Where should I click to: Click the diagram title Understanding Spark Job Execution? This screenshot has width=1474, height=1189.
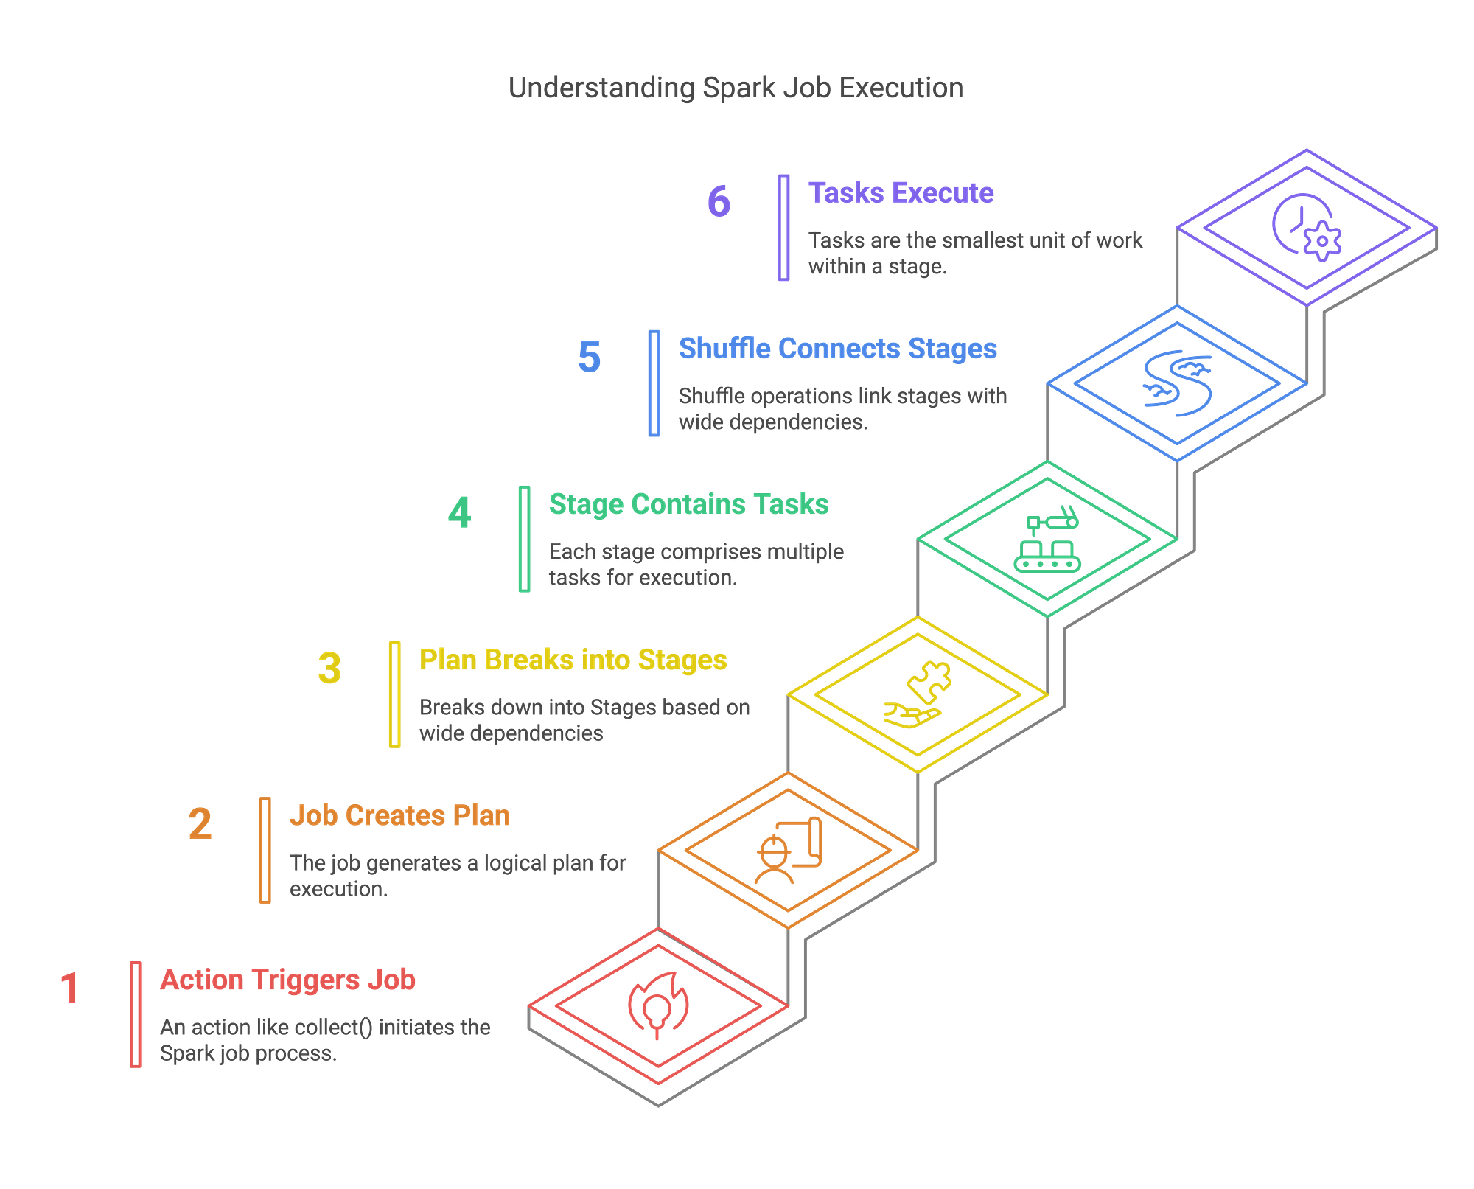pos(736,88)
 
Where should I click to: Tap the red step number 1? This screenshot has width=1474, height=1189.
pos(70,988)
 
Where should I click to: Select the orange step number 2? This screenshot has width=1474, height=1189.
pos(200,824)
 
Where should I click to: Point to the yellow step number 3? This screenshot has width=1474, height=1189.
pos(329,669)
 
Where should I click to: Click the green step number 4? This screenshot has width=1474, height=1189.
pos(459,513)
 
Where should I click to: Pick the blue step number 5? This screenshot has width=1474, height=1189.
pos(589,358)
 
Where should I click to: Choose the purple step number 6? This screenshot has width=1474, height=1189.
pos(719,202)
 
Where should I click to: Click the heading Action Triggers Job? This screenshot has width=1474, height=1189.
pos(287,980)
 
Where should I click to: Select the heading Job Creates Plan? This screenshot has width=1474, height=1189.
pos(399,815)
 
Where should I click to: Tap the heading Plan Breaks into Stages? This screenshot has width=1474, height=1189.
pos(573,660)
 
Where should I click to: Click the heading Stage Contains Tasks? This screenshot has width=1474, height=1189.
pos(688,504)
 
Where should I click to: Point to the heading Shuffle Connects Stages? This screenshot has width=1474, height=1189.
pos(837,349)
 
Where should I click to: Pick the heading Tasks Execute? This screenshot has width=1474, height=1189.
pos(901,193)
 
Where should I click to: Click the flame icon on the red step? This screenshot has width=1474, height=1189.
pos(658,1005)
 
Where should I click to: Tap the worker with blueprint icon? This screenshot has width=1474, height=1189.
pos(788,851)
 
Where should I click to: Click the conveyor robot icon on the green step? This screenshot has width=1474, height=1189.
pos(1047,540)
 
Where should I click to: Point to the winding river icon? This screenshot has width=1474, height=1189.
pos(1177,383)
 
